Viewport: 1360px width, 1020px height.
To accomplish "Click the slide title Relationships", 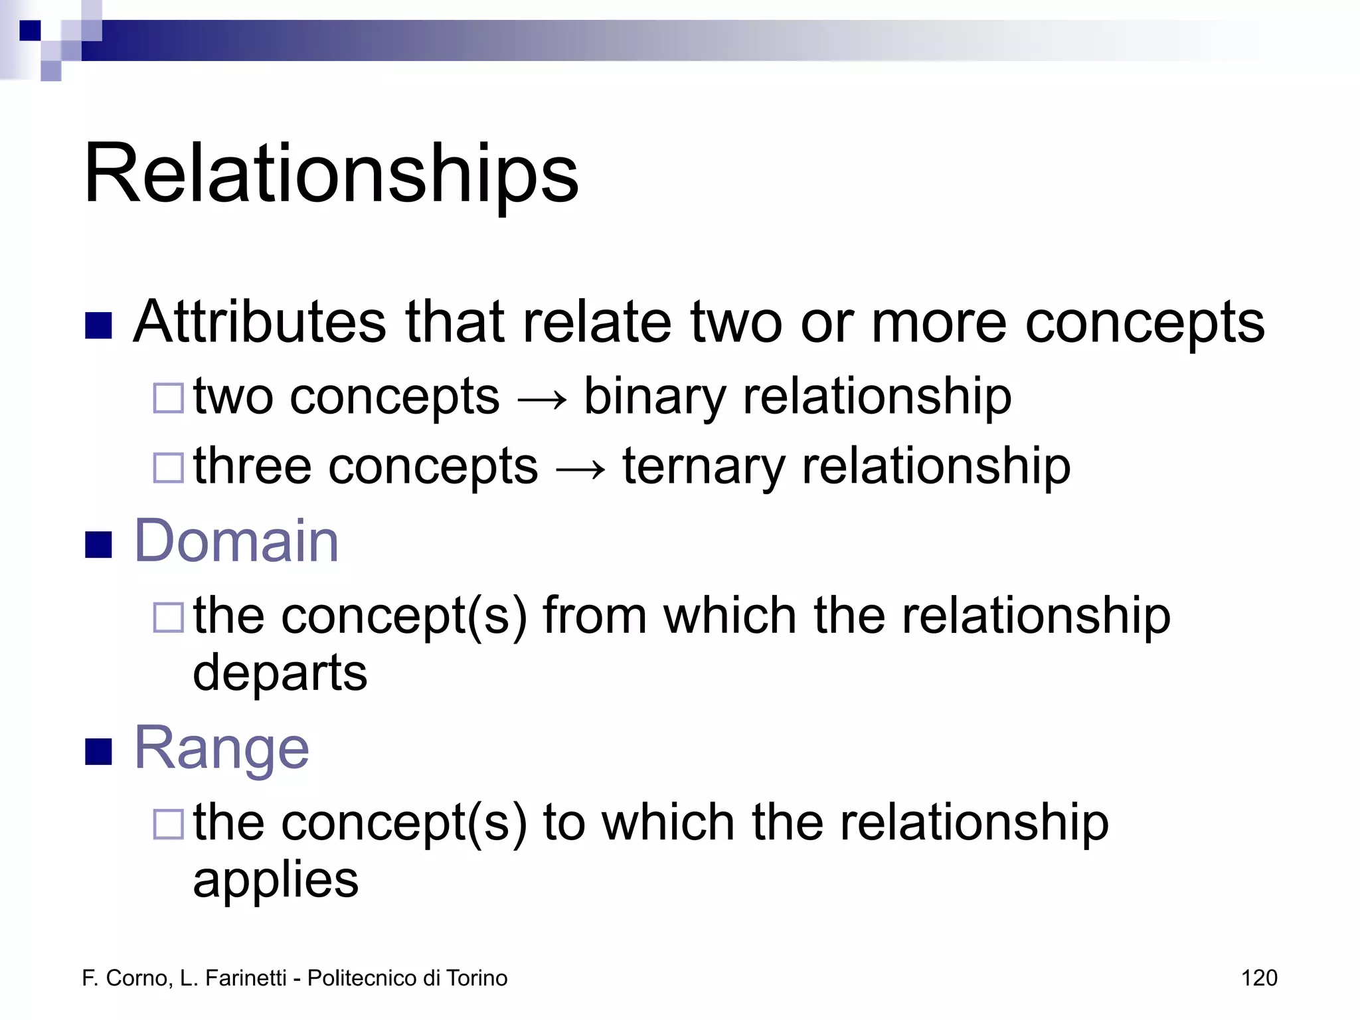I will click(331, 174).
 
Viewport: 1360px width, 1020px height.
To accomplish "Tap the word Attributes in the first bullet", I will click(259, 322).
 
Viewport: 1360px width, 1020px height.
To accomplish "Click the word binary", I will click(654, 397).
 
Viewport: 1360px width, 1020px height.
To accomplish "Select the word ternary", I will click(703, 467).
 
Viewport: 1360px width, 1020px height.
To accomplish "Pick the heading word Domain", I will click(236, 541).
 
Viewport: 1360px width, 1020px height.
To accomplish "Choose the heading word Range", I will click(222, 748).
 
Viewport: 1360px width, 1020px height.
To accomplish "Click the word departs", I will click(280, 672).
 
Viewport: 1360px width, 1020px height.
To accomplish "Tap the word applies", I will click(276, 880).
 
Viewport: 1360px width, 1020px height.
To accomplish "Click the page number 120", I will click(1258, 978).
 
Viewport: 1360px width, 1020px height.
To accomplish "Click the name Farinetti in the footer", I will click(246, 978).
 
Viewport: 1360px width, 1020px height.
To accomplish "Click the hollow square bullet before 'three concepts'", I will click(168, 467).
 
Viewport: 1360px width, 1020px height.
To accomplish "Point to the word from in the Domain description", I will click(594, 616).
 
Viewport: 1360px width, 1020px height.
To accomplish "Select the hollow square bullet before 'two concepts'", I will click(168, 398).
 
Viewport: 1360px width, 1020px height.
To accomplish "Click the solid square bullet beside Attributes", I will click(98, 325).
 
